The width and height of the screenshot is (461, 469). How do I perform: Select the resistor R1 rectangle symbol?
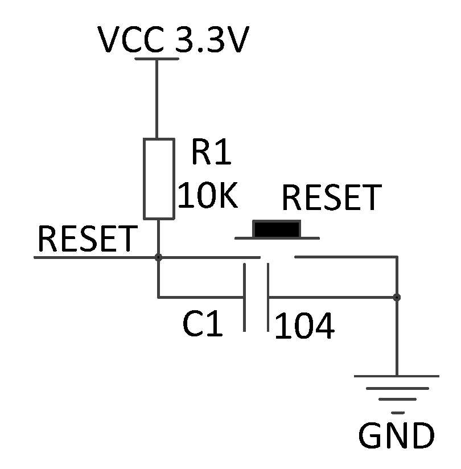coord(158,178)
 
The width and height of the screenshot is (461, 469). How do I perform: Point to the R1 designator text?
coord(211,153)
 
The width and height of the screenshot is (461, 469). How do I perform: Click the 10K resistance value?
coord(207,196)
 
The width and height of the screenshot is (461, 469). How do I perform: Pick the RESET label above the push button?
coord(330,198)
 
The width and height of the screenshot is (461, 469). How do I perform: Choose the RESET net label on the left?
coord(87,239)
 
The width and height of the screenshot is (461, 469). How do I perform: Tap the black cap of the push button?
coord(277,229)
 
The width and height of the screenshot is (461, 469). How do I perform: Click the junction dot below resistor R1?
coord(158,257)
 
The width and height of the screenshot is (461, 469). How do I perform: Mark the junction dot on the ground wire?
coord(397,297)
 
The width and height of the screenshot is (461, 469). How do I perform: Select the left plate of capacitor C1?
coord(245,297)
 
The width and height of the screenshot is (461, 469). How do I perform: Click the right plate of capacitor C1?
coord(267,297)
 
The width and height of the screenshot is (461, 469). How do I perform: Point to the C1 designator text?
coord(203,325)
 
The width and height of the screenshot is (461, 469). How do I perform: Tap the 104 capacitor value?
coord(304,327)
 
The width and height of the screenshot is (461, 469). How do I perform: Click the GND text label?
coord(396,436)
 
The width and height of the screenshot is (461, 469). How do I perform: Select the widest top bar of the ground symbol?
coord(397,376)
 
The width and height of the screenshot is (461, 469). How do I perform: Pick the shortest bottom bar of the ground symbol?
coord(398,412)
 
